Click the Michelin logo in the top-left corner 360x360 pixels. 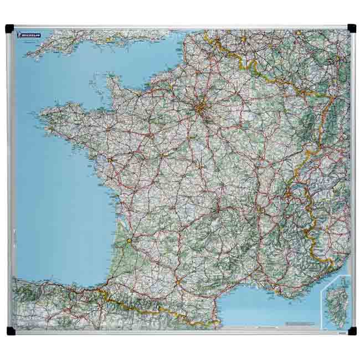coord(29,35)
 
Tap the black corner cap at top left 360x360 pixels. coord(9,28)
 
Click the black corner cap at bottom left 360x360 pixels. coord(11,331)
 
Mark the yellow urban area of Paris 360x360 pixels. coord(200,108)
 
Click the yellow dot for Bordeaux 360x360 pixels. coord(129,241)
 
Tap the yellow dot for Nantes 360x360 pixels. coord(110,160)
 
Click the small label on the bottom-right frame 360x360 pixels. coord(341,332)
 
